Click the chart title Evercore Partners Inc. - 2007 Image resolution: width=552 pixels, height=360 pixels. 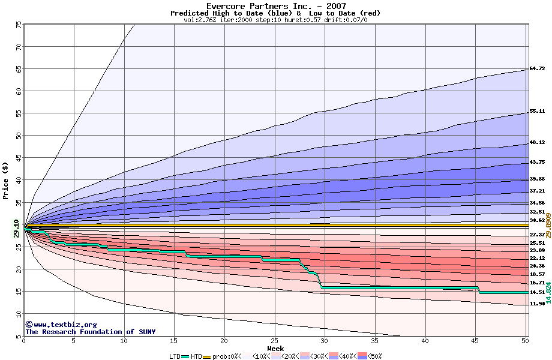click(x=275, y=6)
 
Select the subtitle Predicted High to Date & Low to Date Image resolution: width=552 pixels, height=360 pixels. click(x=275, y=13)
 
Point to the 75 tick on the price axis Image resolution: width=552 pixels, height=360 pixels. click(x=19, y=25)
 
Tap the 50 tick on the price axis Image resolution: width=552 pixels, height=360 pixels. click(x=19, y=136)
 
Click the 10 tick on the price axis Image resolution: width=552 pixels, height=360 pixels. click(x=19, y=314)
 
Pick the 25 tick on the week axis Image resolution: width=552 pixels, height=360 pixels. click(x=274, y=341)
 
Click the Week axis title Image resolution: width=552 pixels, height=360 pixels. click(x=275, y=349)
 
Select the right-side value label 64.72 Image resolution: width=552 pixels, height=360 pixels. click(x=537, y=69)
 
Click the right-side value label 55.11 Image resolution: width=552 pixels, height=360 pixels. click(x=537, y=112)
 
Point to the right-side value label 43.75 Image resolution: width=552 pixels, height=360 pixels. click(x=537, y=163)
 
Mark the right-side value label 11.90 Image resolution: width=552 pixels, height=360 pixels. click(x=537, y=304)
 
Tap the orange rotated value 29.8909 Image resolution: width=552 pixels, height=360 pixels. click(x=548, y=225)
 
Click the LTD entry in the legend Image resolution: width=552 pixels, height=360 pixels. click(x=175, y=356)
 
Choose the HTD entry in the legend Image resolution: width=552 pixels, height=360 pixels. click(x=196, y=356)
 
